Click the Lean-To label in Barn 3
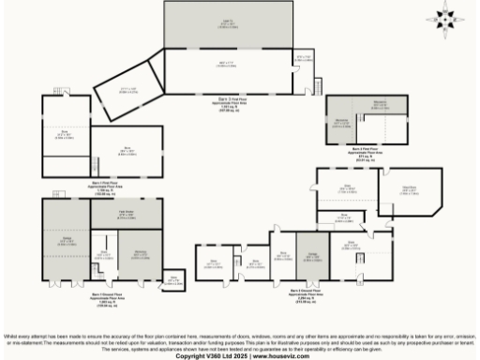pyautogui.click(x=228, y=25)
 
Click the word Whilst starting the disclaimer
pyautogui.click(x=13, y=336)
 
